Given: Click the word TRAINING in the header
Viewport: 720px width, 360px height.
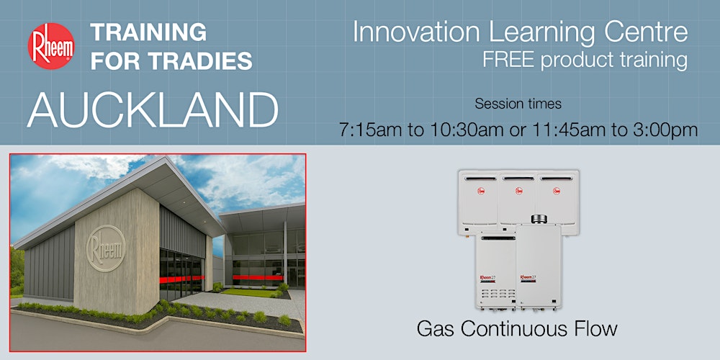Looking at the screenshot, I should tap(148, 32).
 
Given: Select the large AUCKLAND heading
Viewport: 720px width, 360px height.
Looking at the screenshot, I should tap(153, 109).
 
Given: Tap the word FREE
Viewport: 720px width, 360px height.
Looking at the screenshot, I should tap(510, 60).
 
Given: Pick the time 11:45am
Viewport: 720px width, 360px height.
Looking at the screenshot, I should tap(575, 130).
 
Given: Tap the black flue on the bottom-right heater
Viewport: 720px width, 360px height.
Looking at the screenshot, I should tap(536, 218).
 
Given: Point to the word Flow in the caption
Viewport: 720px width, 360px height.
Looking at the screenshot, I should tap(594, 329).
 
